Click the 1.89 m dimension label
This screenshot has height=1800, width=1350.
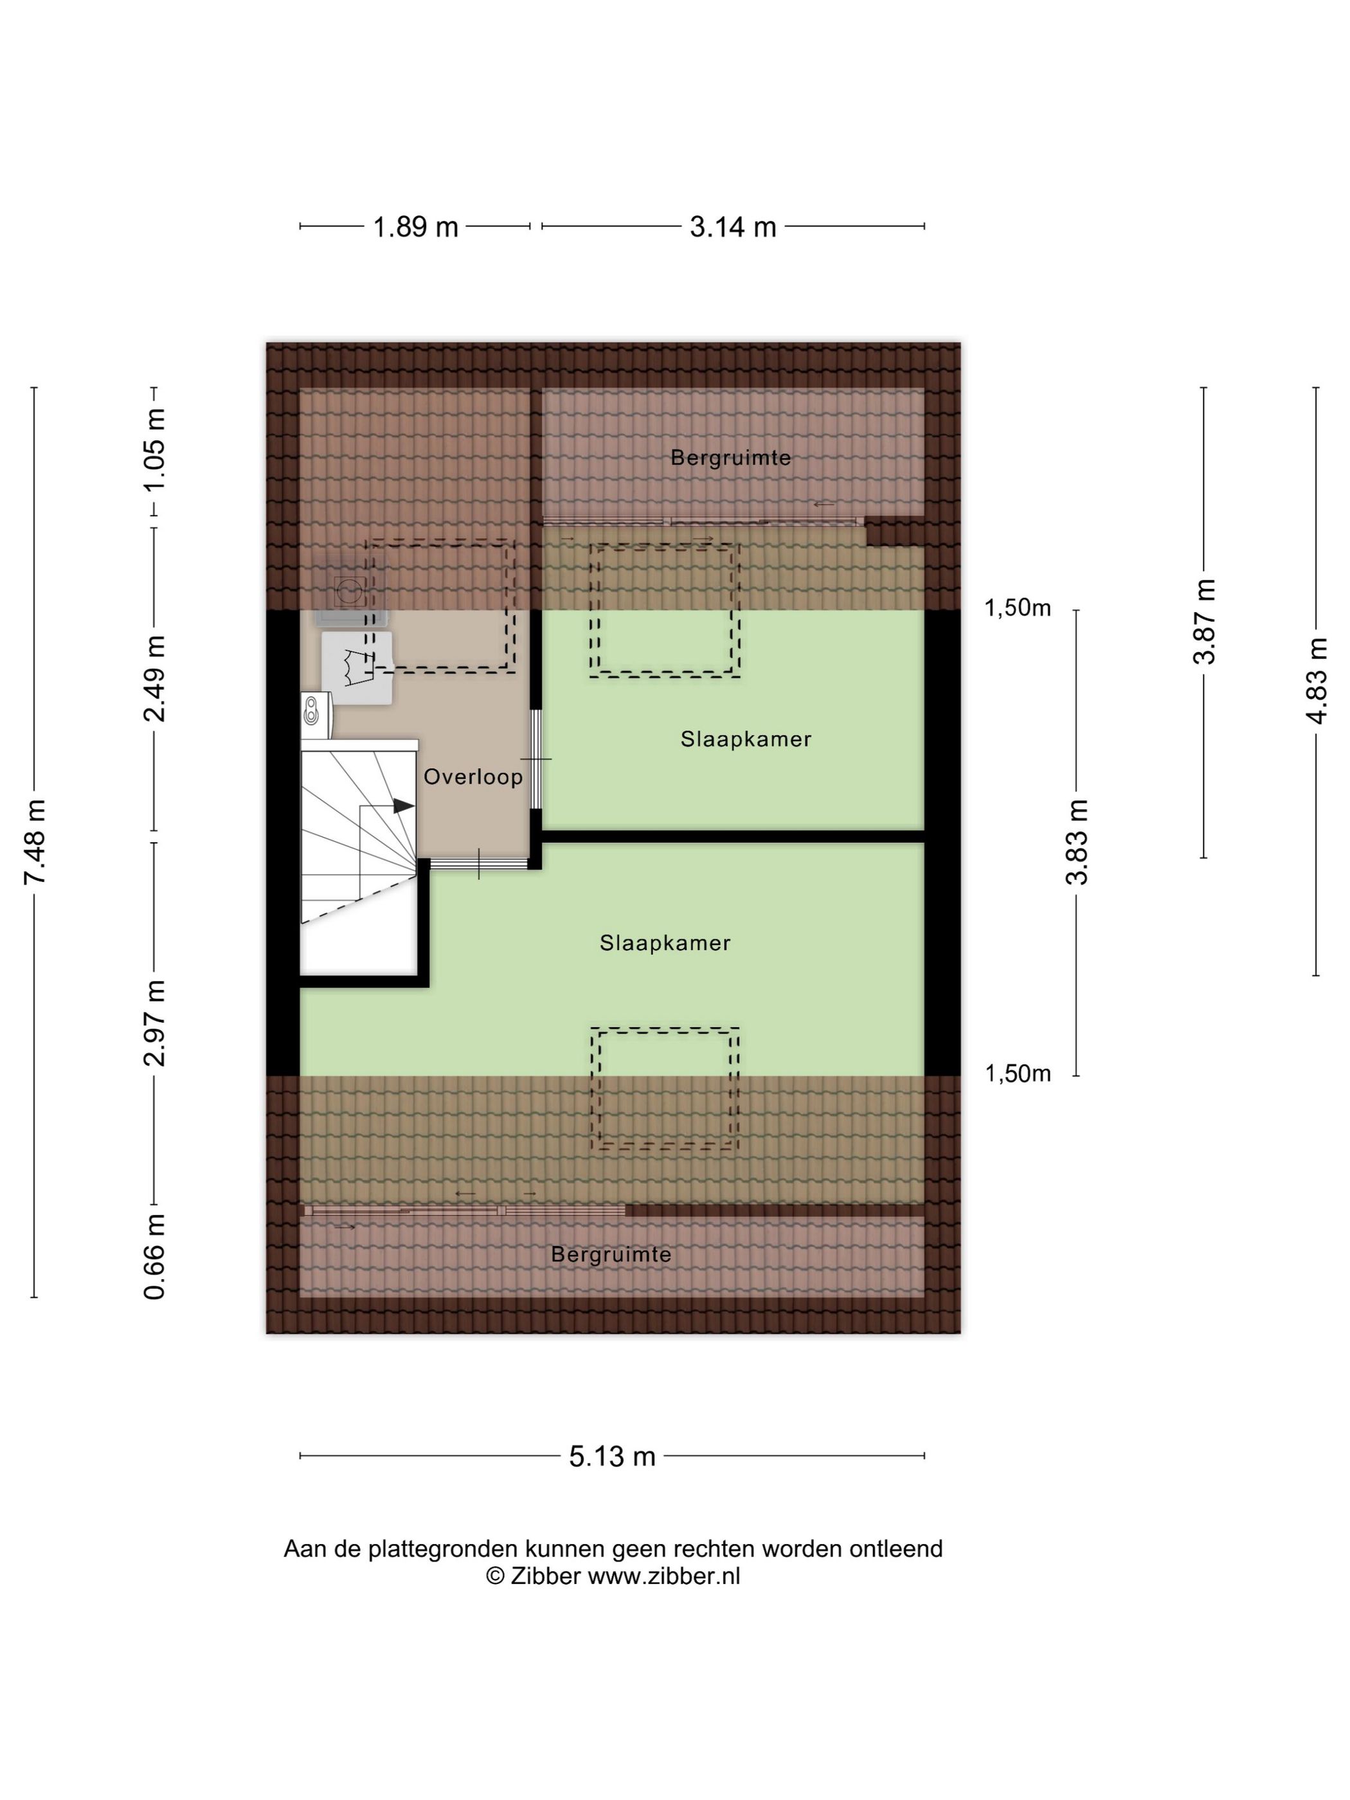(415, 226)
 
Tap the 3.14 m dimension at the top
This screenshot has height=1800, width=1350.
(732, 226)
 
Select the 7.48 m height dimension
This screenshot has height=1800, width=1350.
(35, 842)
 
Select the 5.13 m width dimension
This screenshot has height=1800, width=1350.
(612, 1456)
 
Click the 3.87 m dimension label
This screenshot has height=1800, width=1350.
(1203, 622)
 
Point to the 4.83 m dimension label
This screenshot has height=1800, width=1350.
(1316, 680)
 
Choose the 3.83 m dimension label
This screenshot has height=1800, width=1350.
(1077, 842)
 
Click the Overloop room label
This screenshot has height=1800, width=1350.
(473, 777)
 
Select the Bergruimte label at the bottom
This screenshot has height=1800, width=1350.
(611, 1254)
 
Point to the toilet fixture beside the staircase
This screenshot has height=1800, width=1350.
(316, 713)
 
